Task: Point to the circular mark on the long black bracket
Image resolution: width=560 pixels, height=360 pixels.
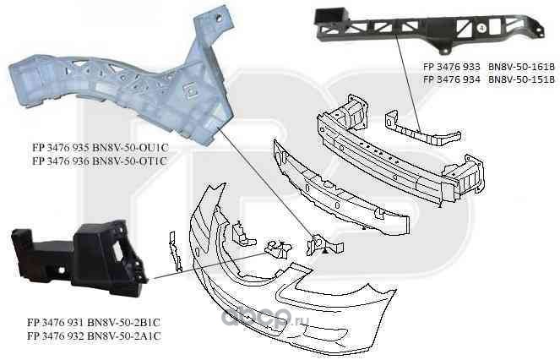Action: point(482,28)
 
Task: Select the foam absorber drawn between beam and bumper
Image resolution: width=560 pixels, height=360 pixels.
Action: point(338,182)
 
